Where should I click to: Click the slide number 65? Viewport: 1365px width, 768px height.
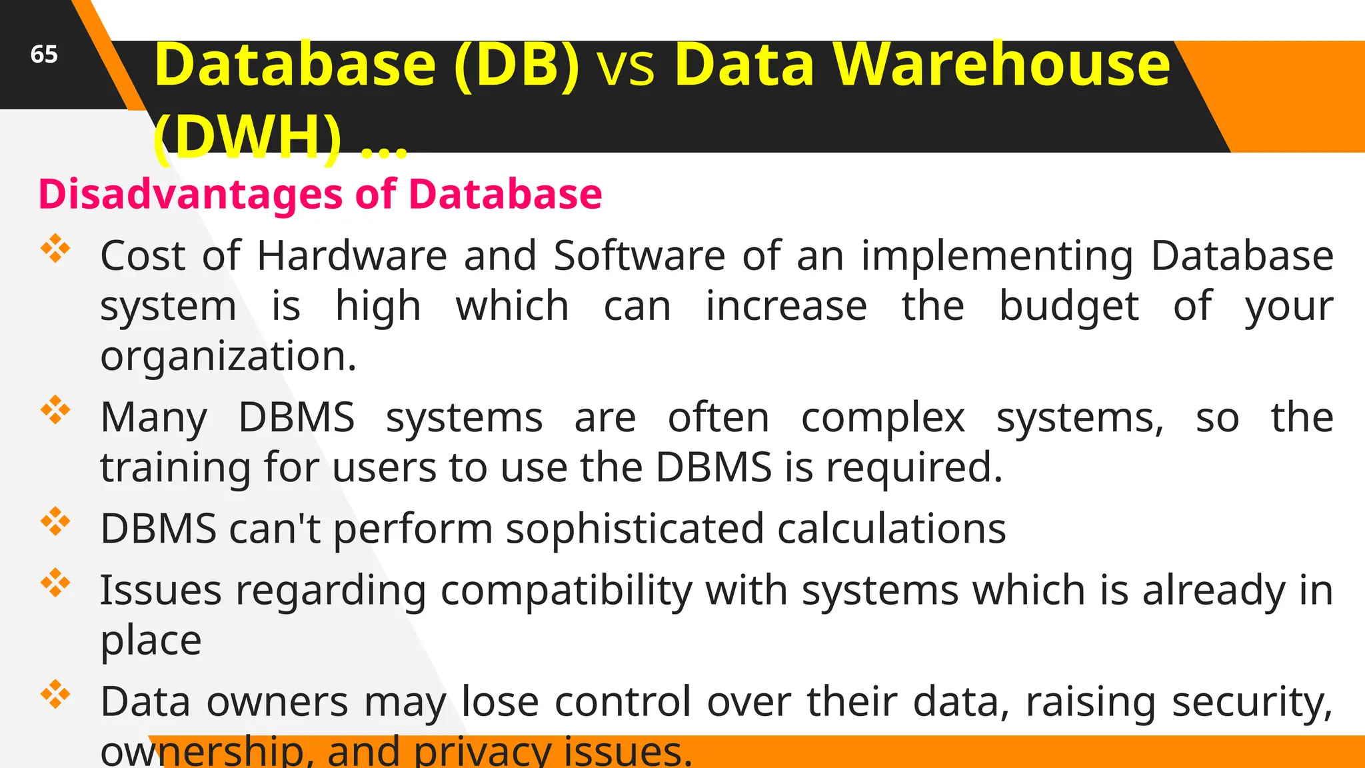(x=44, y=54)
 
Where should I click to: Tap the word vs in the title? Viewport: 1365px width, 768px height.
(x=627, y=68)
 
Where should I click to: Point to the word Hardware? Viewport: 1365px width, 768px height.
(x=352, y=255)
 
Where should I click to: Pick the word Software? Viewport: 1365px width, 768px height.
(x=639, y=255)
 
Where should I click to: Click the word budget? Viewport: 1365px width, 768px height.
(x=1069, y=307)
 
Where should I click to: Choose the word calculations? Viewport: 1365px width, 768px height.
(x=891, y=529)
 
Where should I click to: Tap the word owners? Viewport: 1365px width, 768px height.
(x=277, y=702)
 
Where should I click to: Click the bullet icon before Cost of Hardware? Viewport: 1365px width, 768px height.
(x=55, y=249)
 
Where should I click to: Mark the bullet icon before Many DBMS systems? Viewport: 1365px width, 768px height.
(x=55, y=410)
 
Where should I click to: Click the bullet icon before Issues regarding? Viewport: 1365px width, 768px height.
(x=55, y=583)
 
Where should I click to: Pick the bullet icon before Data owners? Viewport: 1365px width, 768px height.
(x=55, y=695)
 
